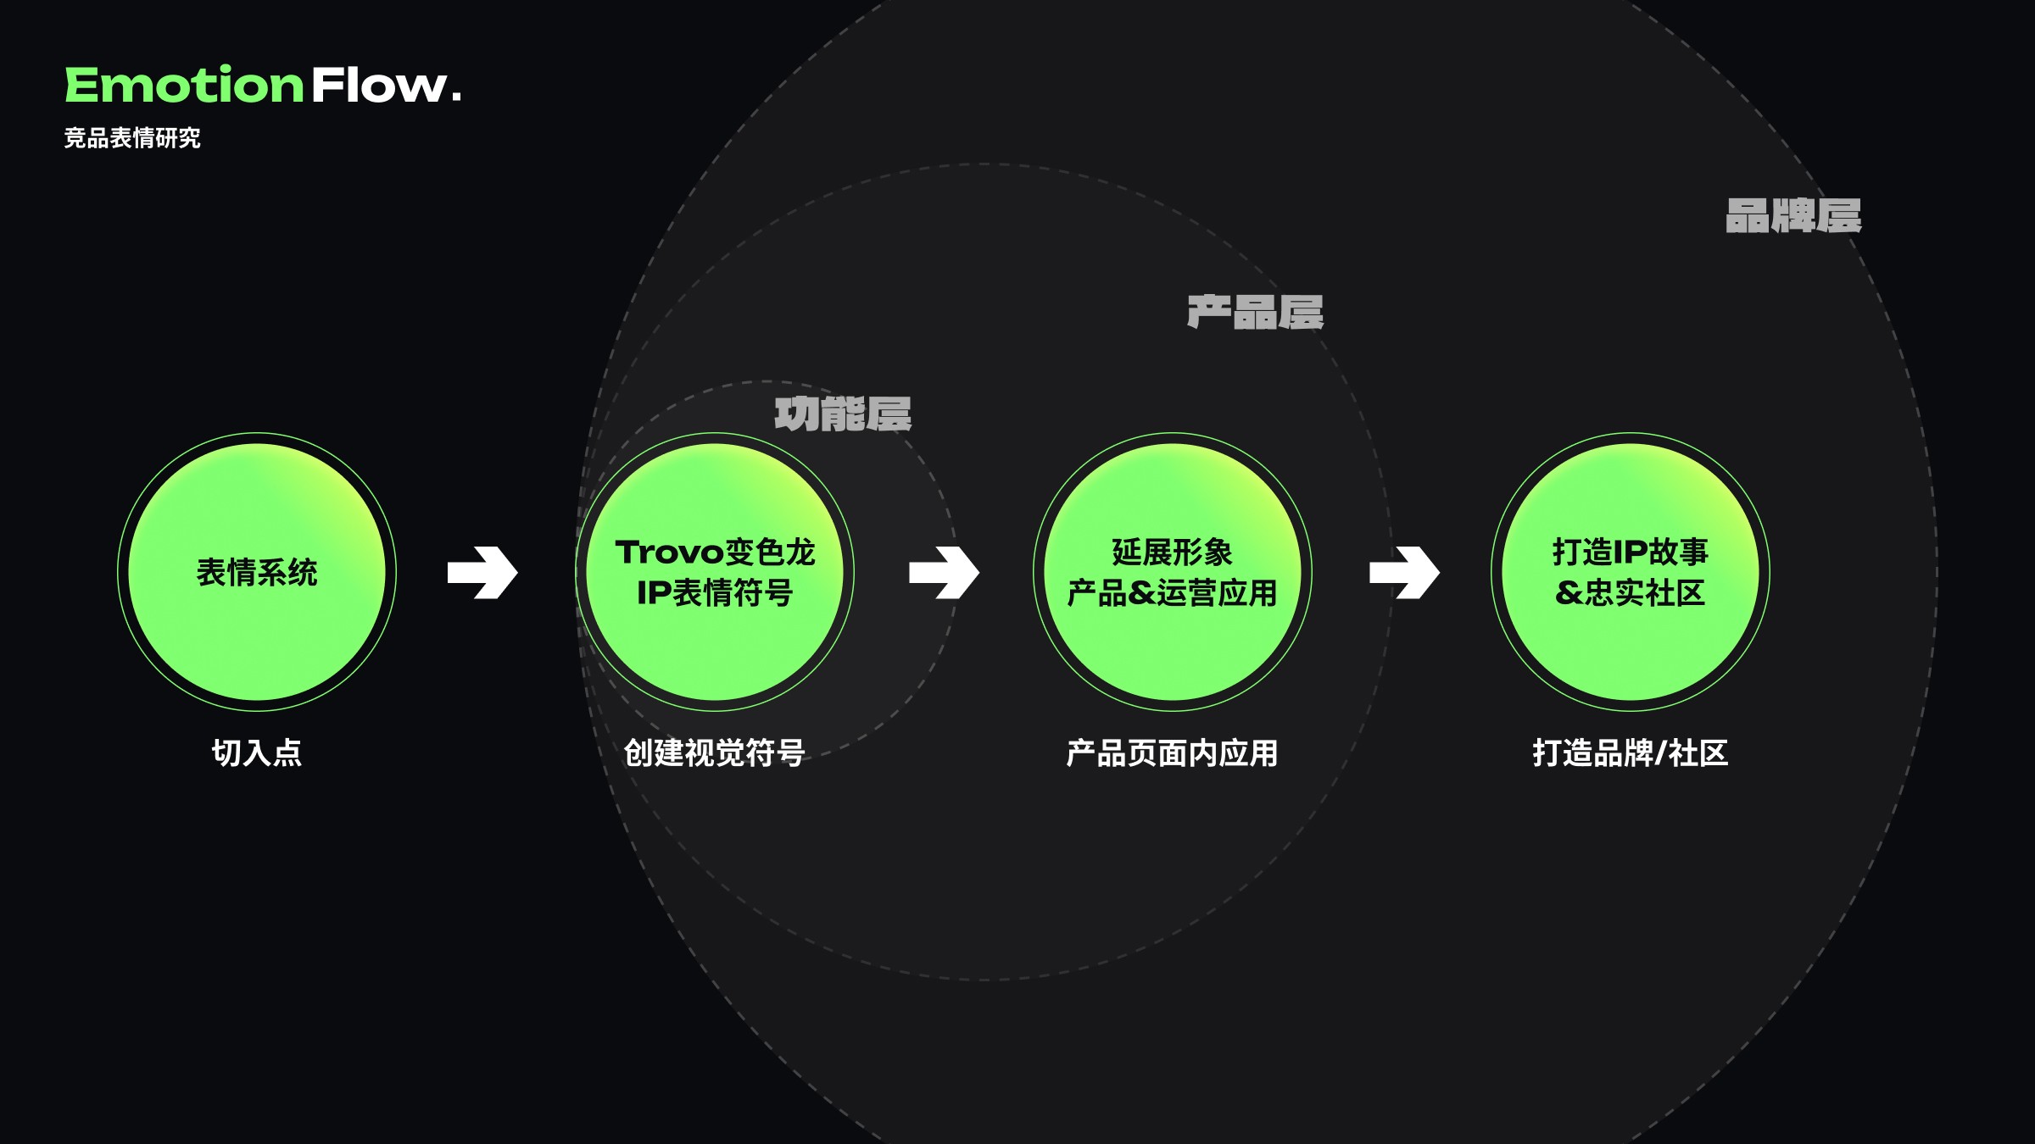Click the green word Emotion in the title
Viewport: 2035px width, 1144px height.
click(x=184, y=86)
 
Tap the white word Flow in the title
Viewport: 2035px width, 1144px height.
click(x=378, y=86)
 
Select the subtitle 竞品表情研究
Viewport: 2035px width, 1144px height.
click(x=132, y=138)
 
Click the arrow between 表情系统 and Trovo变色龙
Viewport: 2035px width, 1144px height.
click(x=482, y=573)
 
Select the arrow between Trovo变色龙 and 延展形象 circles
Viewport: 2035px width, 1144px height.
click(x=944, y=573)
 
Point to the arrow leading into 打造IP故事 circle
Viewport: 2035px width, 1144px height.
click(x=1404, y=573)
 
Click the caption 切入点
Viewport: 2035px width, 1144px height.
click(x=257, y=752)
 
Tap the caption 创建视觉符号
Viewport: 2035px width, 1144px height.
click(x=714, y=752)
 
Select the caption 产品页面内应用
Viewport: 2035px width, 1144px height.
click(x=1172, y=753)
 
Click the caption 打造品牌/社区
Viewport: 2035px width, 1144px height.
click(x=1630, y=752)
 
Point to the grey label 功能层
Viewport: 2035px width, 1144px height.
click(x=843, y=414)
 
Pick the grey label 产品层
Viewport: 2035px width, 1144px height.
click(x=1256, y=313)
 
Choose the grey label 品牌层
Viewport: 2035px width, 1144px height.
click(x=1793, y=216)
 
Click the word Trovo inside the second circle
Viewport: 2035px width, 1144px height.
click(x=670, y=553)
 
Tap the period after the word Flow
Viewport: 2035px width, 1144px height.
click(x=457, y=97)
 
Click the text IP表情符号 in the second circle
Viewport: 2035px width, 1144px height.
click(x=715, y=593)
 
